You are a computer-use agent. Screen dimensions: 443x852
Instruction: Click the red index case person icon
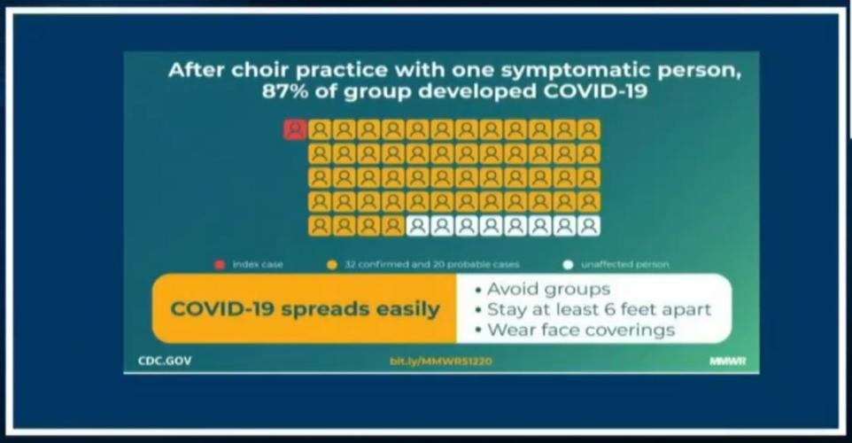point(295,130)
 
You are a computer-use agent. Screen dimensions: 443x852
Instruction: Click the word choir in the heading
point(251,70)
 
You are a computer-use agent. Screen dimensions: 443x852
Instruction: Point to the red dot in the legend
point(218,264)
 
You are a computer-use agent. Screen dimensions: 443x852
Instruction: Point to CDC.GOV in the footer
point(165,361)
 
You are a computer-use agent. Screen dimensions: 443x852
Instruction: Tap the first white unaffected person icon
point(416,226)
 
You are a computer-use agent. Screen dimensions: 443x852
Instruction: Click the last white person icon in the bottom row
point(589,226)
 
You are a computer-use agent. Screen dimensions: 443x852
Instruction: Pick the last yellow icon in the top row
point(589,130)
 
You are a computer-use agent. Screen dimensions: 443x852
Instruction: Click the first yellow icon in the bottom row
point(320,226)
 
